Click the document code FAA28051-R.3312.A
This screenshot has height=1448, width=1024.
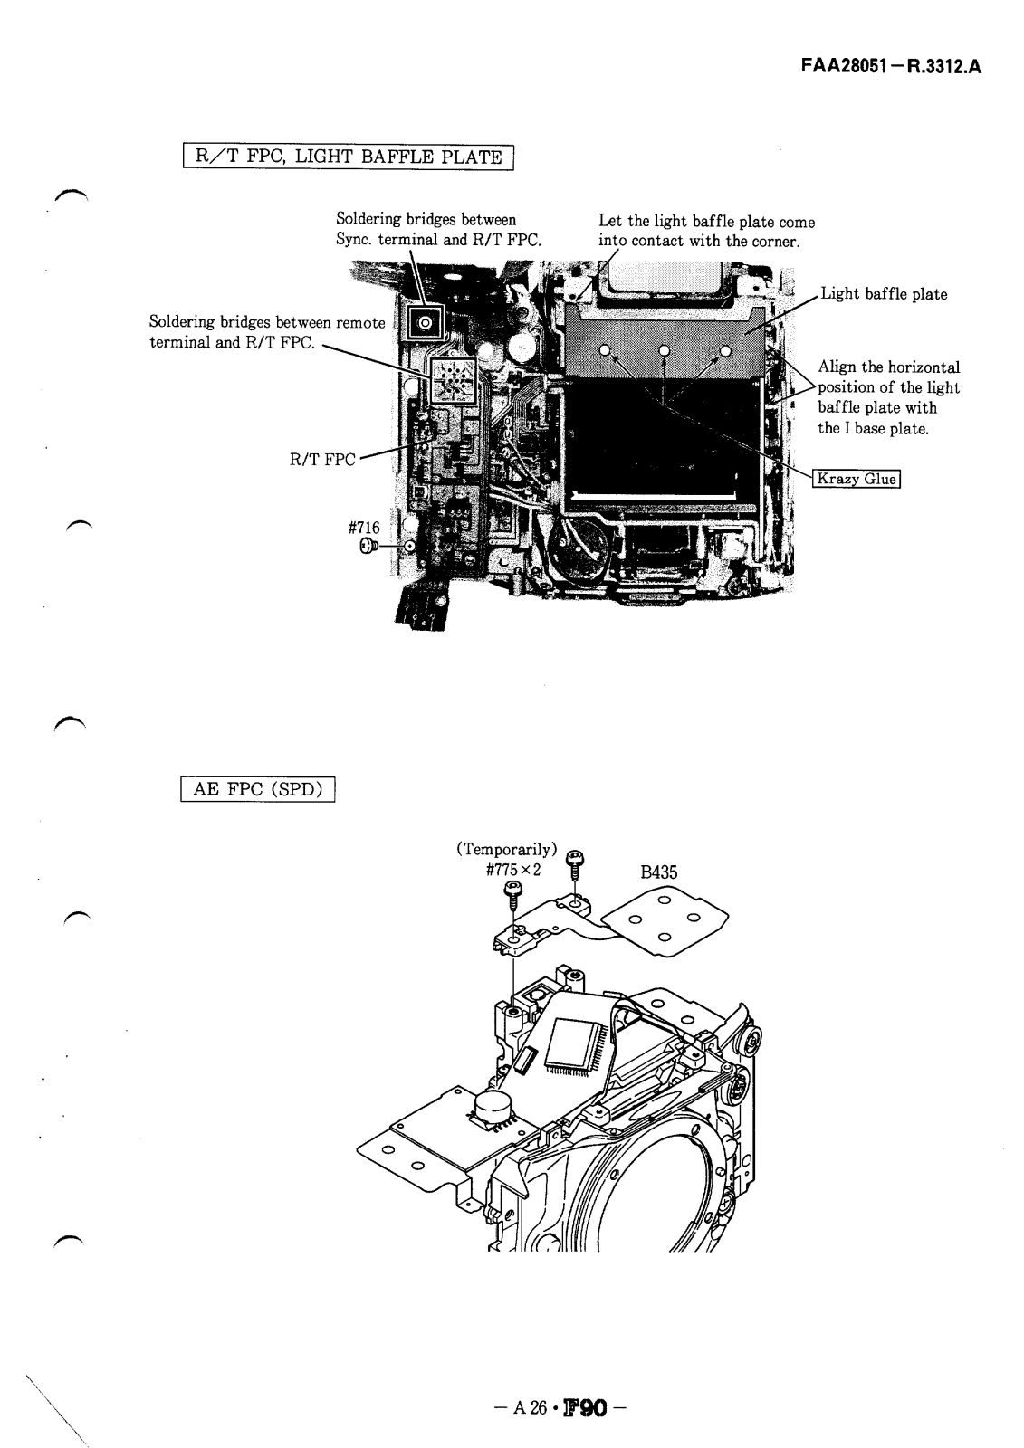(x=891, y=66)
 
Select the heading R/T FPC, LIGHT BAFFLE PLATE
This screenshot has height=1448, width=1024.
(x=349, y=157)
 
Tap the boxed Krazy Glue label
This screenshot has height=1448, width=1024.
(x=857, y=479)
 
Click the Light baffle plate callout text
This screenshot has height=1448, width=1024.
(x=883, y=294)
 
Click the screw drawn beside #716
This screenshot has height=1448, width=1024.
(x=368, y=546)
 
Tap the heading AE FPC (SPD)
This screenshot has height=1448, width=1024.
(x=259, y=789)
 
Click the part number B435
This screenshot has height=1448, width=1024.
(x=658, y=872)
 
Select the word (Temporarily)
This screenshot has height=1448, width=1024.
(x=506, y=849)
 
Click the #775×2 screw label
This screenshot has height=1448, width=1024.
(x=512, y=869)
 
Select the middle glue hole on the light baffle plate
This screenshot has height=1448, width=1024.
(x=664, y=351)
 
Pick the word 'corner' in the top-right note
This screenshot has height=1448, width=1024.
(x=771, y=241)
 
